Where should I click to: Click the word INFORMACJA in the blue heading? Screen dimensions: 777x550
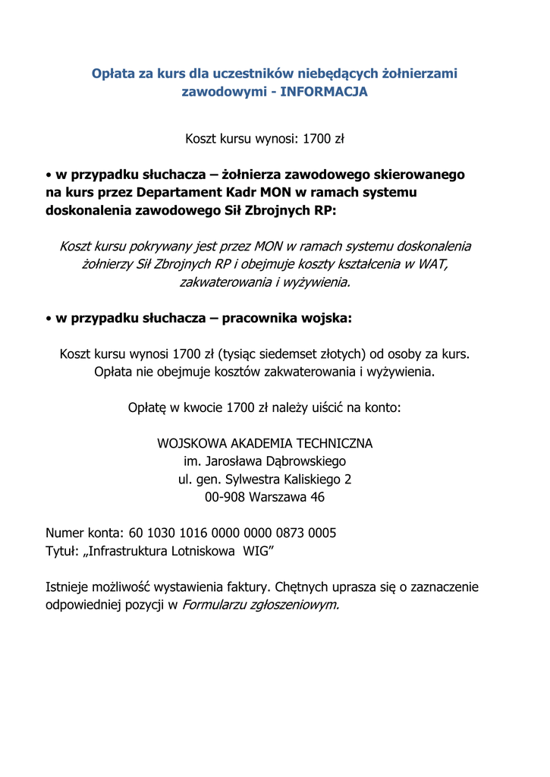click(x=324, y=92)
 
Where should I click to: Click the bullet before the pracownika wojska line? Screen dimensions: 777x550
click(x=48, y=319)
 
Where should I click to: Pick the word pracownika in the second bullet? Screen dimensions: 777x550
click(x=265, y=319)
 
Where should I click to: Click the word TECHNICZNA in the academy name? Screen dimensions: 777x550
click(x=331, y=443)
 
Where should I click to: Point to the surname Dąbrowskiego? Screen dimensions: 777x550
click(x=303, y=461)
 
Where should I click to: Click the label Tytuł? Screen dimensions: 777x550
click(x=62, y=551)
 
